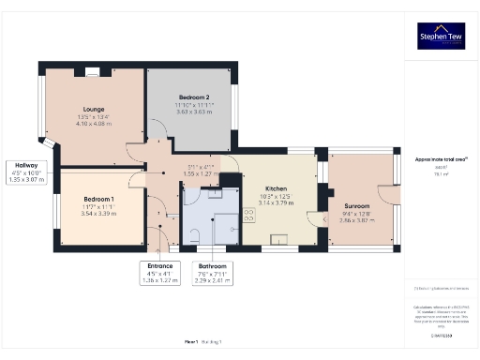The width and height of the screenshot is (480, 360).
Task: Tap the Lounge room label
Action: (94, 110)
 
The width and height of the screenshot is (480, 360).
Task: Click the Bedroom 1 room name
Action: (99, 199)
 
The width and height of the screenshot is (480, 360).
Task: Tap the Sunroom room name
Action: (357, 205)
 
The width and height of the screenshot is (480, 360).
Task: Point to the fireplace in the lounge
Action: (93, 69)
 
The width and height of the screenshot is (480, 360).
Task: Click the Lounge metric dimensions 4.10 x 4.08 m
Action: (94, 124)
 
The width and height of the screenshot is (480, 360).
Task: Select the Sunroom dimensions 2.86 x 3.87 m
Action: (357, 218)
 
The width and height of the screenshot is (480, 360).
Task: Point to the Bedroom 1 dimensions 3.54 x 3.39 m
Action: (99, 213)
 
